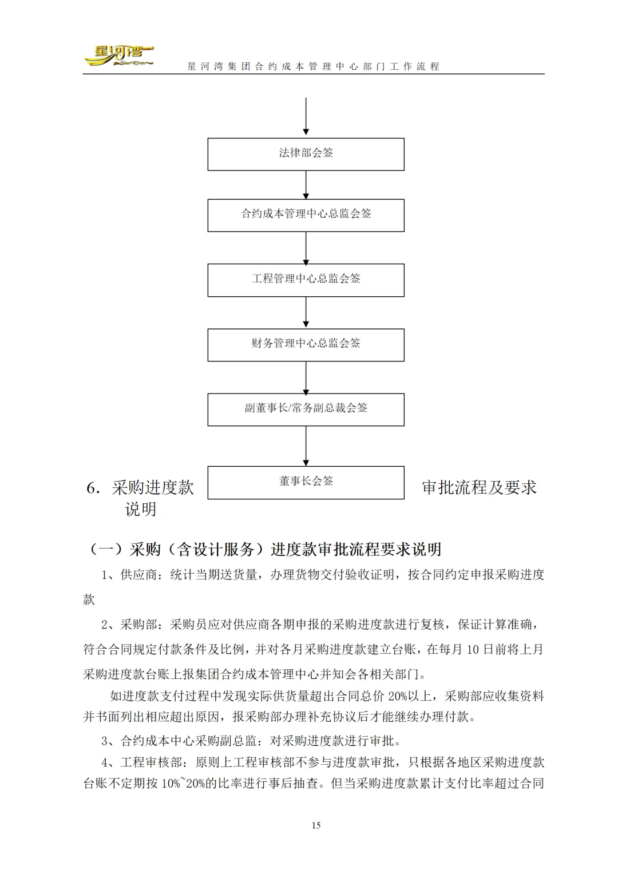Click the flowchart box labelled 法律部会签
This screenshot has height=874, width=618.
coord(306,154)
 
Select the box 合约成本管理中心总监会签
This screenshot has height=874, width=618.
coord(306,215)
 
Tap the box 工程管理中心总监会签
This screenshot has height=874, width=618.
coord(306,280)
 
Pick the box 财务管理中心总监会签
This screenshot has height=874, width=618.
coord(306,344)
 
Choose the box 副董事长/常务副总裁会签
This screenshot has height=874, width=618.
coord(306,409)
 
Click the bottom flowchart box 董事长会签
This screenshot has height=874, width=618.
coord(306,482)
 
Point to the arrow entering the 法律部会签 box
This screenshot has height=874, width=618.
coord(306,117)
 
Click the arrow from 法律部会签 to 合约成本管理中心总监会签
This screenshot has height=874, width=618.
coord(306,185)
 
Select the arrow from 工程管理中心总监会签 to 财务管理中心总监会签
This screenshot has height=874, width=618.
coord(306,312)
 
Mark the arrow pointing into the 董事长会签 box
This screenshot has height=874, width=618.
coord(306,446)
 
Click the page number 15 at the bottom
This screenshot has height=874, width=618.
coord(316,825)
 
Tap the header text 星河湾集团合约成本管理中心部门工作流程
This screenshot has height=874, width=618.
coord(314,66)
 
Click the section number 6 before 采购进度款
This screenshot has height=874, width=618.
coord(91,488)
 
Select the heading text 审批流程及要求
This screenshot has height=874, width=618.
coord(479,487)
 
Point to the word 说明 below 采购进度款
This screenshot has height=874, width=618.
coord(141,509)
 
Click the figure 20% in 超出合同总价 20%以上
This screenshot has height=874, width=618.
coord(399,696)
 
